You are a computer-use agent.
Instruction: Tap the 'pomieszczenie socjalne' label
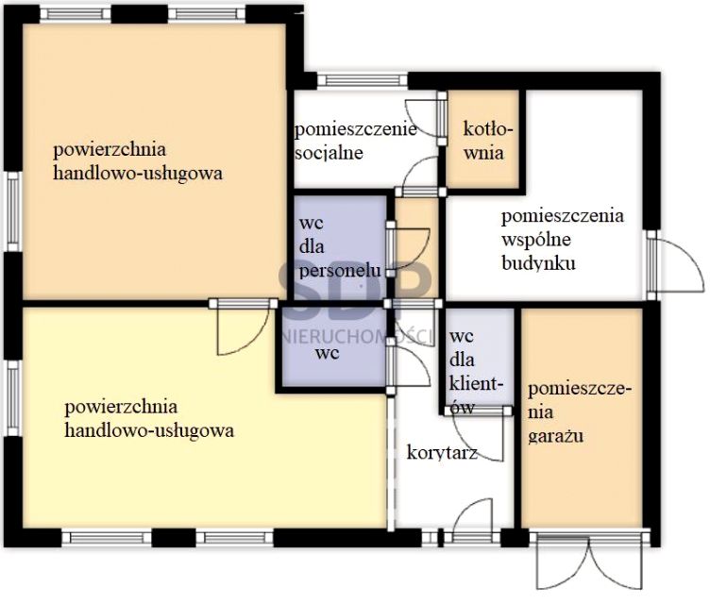coord(355,141)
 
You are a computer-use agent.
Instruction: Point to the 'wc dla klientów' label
coord(478,370)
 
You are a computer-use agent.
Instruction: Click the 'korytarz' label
coord(441,453)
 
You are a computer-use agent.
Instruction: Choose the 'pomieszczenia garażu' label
coord(580,412)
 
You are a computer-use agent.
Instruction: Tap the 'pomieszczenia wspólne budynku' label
coord(562,239)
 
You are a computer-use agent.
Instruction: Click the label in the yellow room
coord(149,419)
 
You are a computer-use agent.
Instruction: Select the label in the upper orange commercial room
coord(138,161)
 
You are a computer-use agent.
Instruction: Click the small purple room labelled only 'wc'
coord(328,354)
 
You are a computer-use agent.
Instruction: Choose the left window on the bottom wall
coord(104,538)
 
